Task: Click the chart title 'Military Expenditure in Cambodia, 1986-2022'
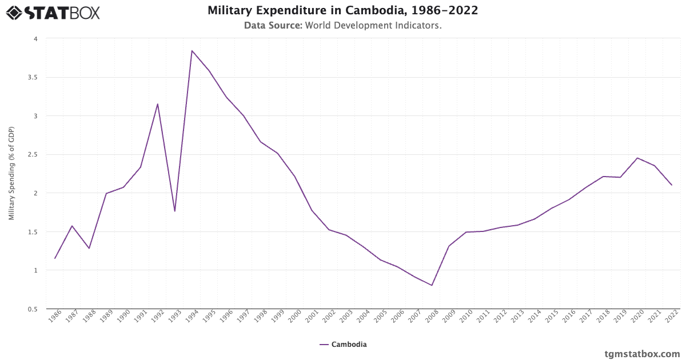[343, 10]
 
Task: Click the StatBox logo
[53, 13]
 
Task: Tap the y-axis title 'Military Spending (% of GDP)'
[11, 174]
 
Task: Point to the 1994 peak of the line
[192, 51]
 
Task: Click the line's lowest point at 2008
[432, 285]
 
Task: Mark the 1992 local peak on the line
[158, 104]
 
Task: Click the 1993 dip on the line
[175, 211]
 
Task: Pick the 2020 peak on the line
[637, 158]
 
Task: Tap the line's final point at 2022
[672, 185]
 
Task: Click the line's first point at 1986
[55, 258]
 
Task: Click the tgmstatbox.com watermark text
[642, 353]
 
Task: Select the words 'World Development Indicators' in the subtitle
[373, 25]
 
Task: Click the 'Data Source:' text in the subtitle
[273, 25]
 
